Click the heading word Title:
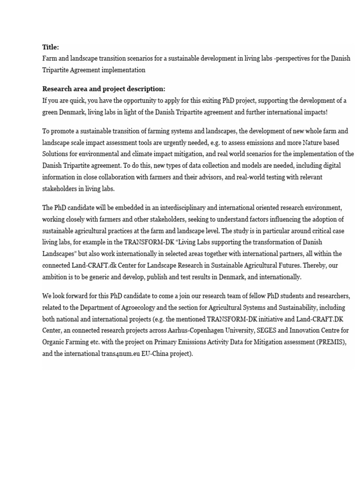(x=51, y=47)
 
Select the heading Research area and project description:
(x=104, y=89)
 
